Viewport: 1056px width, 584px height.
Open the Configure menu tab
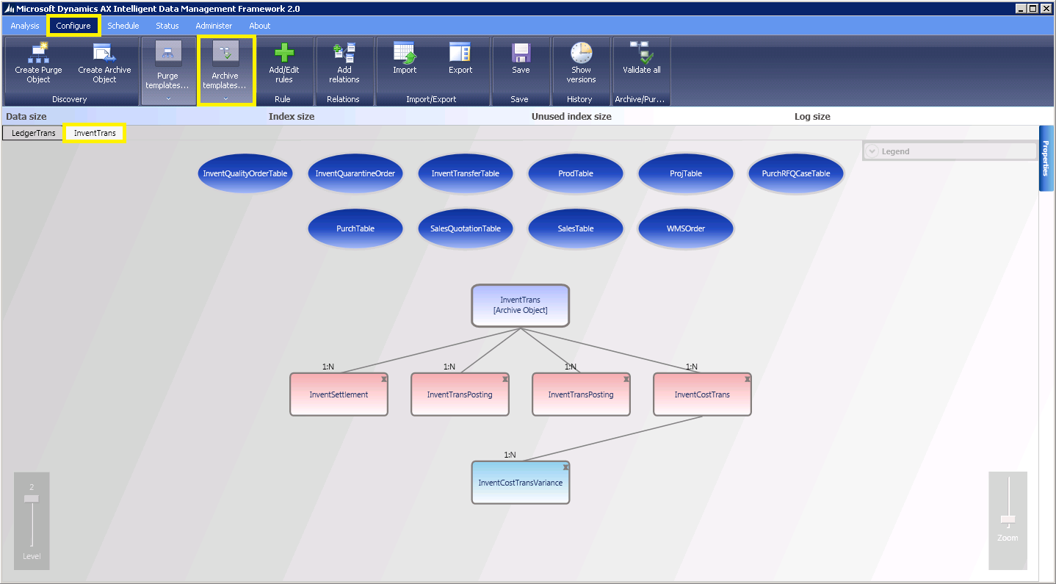point(73,26)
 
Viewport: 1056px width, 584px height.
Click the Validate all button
point(641,60)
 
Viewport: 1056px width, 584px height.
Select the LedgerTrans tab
point(34,133)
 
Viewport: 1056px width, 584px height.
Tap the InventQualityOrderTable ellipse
point(245,174)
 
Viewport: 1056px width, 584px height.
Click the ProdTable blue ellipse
point(575,174)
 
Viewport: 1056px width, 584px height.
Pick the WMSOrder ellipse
point(685,228)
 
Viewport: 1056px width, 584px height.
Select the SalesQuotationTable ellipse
point(466,228)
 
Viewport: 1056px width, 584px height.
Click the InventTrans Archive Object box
point(520,305)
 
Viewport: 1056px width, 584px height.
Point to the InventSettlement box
point(339,394)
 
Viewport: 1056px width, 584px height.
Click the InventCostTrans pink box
point(702,394)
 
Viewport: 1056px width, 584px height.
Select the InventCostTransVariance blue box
point(520,483)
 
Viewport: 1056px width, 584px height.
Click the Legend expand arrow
point(872,151)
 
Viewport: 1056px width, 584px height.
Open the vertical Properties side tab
point(1046,158)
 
